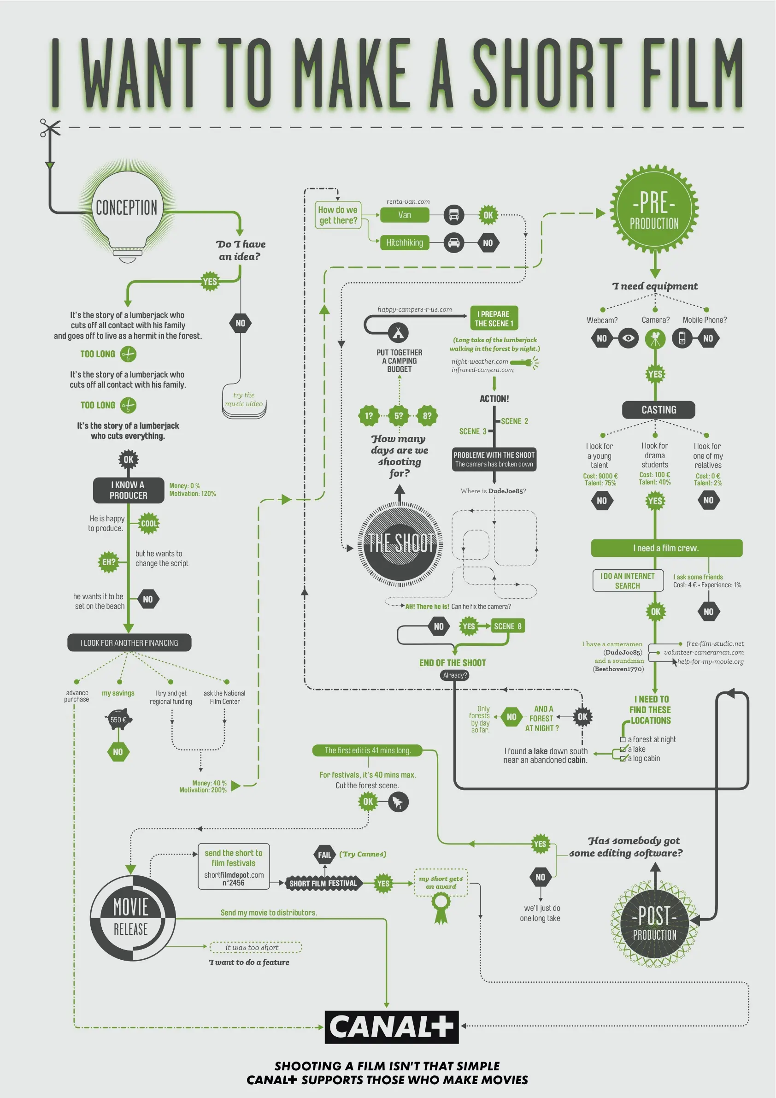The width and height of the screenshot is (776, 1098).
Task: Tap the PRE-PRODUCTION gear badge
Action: pyautogui.click(x=654, y=209)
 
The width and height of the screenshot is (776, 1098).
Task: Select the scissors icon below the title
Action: pyautogui.click(x=50, y=128)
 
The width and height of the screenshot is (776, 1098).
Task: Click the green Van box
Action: pyautogui.click(x=405, y=215)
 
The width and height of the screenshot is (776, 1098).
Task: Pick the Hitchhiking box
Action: pyautogui.click(x=405, y=243)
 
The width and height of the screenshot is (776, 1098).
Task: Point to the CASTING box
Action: pyautogui.click(x=658, y=410)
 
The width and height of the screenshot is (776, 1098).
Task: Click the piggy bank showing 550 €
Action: pyautogui.click(x=118, y=720)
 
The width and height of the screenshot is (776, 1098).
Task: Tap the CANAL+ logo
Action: pyautogui.click(x=392, y=1027)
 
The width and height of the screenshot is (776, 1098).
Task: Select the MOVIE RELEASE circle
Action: pyautogui.click(x=131, y=918)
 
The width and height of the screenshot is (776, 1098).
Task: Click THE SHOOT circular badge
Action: pyautogui.click(x=400, y=544)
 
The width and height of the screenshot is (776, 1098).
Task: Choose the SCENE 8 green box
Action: pyautogui.click(x=508, y=626)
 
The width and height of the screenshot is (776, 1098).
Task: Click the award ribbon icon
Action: pyautogui.click(x=441, y=908)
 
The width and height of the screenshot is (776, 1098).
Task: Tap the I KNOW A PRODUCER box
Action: pyautogui.click(x=128, y=490)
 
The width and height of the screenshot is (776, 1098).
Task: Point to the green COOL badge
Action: pyautogui.click(x=149, y=524)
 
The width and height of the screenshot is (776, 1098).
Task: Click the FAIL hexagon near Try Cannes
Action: pyautogui.click(x=325, y=855)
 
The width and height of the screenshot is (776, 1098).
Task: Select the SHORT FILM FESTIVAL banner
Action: pyautogui.click(x=323, y=883)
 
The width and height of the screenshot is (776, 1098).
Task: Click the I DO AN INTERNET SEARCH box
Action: pyautogui.click(x=627, y=580)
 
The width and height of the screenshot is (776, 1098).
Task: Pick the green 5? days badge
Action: pyautogui.click(x=398, y=416)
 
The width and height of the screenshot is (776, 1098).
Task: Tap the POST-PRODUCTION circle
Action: pyautogui.click(x=654, y=924)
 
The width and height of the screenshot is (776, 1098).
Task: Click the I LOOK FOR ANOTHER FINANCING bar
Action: pyautogui.click(x=129, y=643)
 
